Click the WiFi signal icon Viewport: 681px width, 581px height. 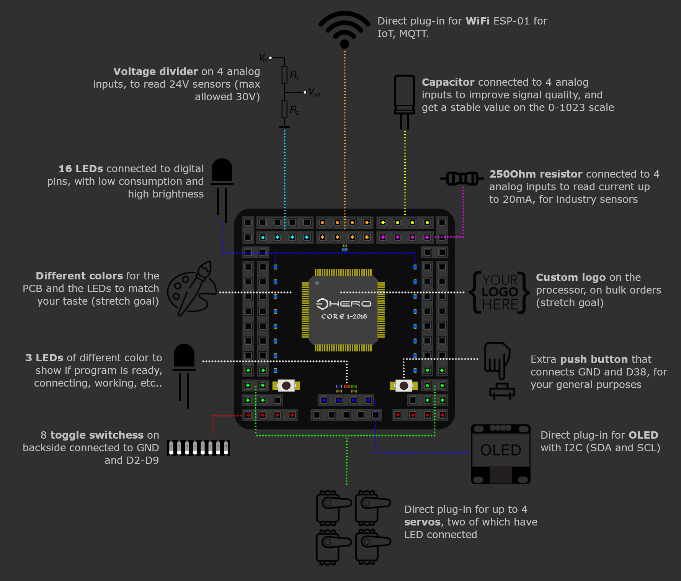[x=344, y=29]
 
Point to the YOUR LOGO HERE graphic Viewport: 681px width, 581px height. [x=500, y=292]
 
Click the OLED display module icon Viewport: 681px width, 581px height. [x=501, y=454]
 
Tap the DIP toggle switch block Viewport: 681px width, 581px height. [x=198, y=448]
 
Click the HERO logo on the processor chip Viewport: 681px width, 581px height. [x=343, y=304]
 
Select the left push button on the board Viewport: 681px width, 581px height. [x=286, y=385]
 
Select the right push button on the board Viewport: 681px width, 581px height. [x=403, y=385]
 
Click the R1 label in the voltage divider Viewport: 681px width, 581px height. [x=294, y=75]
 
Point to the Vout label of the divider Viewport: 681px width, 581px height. [x=314, y=92]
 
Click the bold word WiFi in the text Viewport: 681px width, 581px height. [x=477, y=21]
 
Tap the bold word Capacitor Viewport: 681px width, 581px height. [x=448, y=82]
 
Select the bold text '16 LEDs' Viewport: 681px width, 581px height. [x=81, y=169]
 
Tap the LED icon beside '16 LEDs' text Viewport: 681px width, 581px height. [x=222, y=189]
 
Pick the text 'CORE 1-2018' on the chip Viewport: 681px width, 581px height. [x=344, y=317]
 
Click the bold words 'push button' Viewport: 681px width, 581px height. [x=594, y=359]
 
